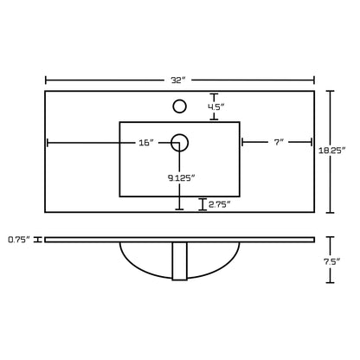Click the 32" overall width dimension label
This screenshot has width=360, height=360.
pyautogui.click(x=177, y=80)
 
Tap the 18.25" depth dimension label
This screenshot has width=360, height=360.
pyautogui.click(x=331, y=151)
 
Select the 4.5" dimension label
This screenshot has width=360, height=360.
pyautogui.click(x=216, y=107)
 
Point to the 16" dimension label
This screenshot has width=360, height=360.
pyautogui.click(x=146, y=143)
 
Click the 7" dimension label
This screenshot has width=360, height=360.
pyautogui.click(x=279, y=142)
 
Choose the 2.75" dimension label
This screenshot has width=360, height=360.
pyautogui.click(x=220, y=204)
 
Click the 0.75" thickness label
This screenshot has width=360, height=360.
pyautogui.click(x=19, y=240)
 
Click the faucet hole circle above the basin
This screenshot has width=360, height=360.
pyautogui.click(x=179, y=106)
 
